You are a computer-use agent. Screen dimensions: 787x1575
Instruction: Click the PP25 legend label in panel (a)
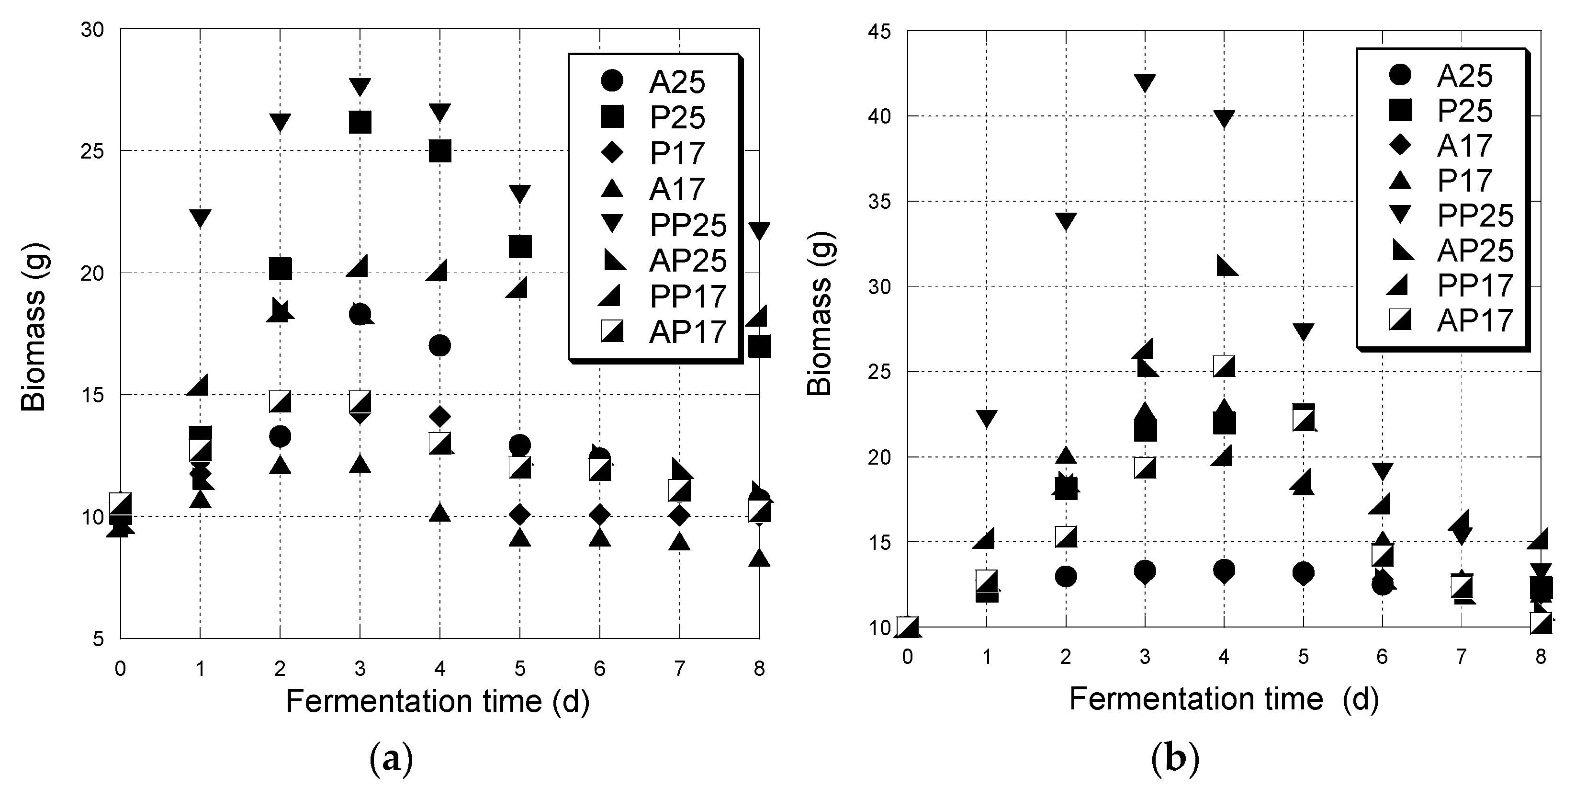(688, 225)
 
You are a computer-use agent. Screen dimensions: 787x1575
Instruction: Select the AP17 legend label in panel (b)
(1475, 320)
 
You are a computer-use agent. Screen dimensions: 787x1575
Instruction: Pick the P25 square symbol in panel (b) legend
(1400, 110)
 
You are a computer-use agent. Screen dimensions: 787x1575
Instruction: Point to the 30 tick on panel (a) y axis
(92, 29)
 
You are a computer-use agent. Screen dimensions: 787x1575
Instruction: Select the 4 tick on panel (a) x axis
(439, 668)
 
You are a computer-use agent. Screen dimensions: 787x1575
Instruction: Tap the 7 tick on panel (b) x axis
(1461, 657)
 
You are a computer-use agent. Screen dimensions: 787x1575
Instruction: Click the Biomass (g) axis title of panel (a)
(34, 328)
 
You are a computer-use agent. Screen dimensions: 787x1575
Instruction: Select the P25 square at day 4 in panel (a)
(439, 150)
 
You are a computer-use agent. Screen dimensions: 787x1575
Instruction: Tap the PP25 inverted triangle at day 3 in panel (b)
(1145, 82)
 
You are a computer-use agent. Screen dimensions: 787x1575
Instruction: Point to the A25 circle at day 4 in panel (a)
(439, 346)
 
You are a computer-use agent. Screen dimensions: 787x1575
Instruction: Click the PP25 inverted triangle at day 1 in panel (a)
(200, 217)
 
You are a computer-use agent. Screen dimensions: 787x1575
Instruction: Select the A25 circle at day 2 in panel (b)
(1066, 576)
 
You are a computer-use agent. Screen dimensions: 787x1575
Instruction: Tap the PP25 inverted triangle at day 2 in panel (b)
(1066, 221)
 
